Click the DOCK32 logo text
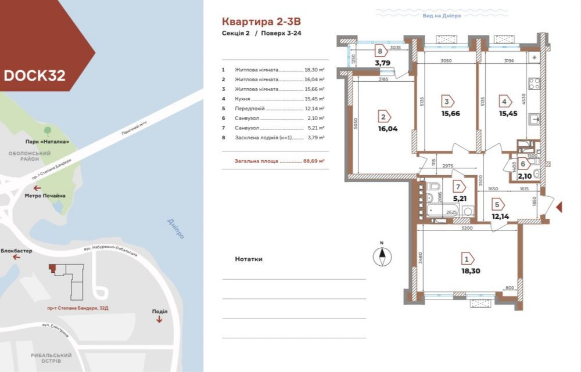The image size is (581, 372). tap(34, 75)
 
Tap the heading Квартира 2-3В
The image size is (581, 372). tap(261, 21)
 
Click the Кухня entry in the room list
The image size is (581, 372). tap(244, 99)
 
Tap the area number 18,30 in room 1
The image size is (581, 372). tap(471, 270)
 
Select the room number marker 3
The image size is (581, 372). tap(446, 100)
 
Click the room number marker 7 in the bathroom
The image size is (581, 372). tap(458, 187)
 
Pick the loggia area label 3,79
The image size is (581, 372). tap(382, 63)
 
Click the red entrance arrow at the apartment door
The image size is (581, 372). tap(560, 207)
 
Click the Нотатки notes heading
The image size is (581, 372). tap(249, 259)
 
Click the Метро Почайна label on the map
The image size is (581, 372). tap(45, 196)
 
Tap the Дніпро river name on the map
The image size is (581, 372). tap(175, 229)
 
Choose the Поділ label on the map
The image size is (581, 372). tap(159, 312)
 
